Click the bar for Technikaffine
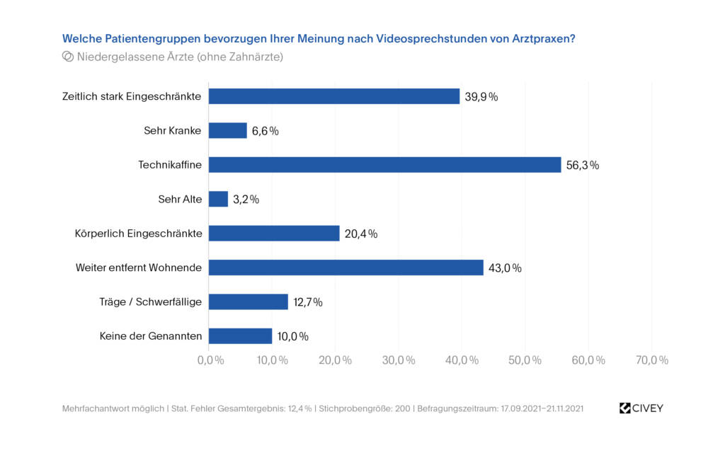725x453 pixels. click(384, 165)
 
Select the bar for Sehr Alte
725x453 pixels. click(218, 200)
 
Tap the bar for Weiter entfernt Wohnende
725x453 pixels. click(346, 268)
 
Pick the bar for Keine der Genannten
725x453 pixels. click(240, 336)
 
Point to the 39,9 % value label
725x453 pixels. click(481, 97)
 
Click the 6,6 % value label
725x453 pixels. click(266, 131)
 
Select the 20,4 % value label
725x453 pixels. click(361, 234)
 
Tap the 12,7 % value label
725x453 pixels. click(308, 302)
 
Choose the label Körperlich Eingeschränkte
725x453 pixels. click(138, 234)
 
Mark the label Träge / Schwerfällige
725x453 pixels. click(150, 302)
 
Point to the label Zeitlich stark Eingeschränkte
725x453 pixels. click(132, 97)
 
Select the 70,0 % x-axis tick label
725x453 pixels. click(651, 360)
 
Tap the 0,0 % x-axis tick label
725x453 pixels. click(210, 360)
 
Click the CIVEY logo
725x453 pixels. click(641, 408)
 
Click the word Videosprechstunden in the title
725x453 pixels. click(430, 38)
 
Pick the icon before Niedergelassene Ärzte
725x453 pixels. click(68, 57)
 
